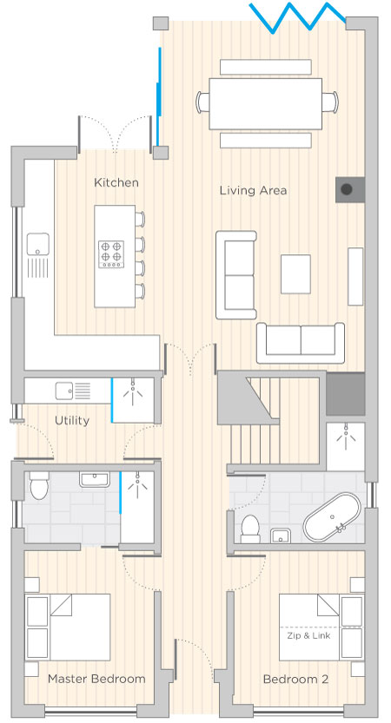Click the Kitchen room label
tap(116, 182)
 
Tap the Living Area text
tap(253, 190)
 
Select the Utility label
tap(72, 420)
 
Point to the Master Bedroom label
tap(96, 679)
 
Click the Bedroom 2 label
tap(296, 680)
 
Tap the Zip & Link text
tap(308, 636)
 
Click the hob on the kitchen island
tap(111, 254)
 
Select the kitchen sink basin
tap(38, 244)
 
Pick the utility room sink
tap(64, 391)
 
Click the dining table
tap(265, 104)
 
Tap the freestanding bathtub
tap(332, 518)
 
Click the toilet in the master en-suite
tap(39, 485)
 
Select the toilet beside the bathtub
tap(250, 529)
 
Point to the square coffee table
tap(295, 274)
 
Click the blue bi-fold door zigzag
tap(298, 18)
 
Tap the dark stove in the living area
tap(350, 189)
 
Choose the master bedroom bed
tap(68, 627)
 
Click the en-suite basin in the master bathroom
tap(95, 479)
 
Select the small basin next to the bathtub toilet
tap(280, 536)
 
